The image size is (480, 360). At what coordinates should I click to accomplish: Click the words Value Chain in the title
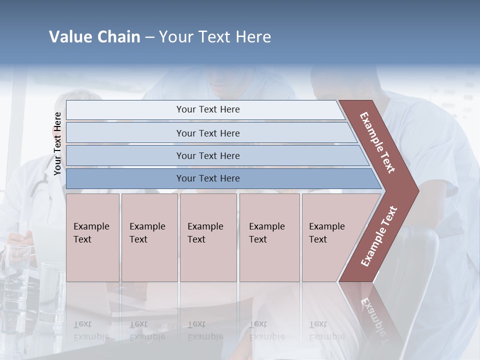pos(94,37)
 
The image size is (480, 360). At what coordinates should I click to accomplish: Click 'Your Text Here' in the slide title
pos(215,37)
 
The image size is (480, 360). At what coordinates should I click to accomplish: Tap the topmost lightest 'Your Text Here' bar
pos(207,109)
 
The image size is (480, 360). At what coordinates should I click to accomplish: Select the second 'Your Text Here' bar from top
pos(207,133)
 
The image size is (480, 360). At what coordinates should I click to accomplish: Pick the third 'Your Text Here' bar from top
pos(207,155)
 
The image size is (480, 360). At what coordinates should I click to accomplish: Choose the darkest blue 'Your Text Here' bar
pos(207,178)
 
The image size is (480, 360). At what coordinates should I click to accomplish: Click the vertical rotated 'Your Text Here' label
pos(57,143)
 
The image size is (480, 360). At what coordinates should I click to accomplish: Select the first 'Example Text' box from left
pos(92,237)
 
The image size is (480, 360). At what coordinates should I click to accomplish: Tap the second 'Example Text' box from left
pos(149,237)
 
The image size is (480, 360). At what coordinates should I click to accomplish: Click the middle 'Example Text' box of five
pos(207,237)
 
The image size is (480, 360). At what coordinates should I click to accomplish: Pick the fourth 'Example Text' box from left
pos(269,237)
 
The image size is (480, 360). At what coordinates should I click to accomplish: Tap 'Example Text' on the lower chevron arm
pos(379,236)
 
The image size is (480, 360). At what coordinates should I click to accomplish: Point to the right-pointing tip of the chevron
pos(416,190)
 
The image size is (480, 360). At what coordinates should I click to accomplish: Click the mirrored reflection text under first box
pos(91,330)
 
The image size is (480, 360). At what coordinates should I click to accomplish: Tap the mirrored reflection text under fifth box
pos(326,330)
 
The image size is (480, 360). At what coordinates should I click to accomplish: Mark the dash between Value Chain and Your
pos(149,37)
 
